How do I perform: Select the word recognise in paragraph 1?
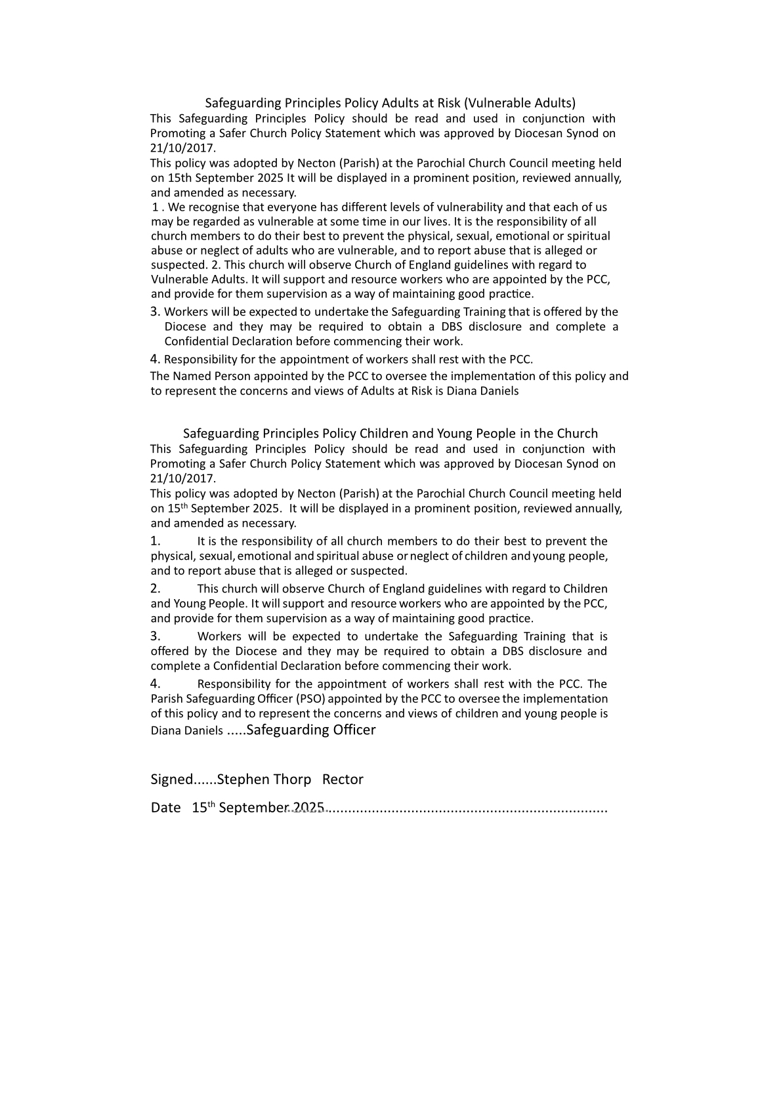coord(213,207)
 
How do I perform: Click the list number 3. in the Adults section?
coord(156,312)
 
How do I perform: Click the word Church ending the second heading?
coord(577,434)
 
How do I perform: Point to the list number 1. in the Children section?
coord(156,541)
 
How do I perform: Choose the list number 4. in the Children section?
coord(156,684)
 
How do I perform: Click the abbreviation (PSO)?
coord(310,699)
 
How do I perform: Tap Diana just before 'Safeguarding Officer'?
coord(165,731)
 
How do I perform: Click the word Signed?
coord(172,780)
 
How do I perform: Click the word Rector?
coord(343,780)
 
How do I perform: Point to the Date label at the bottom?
coord(165,808)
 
